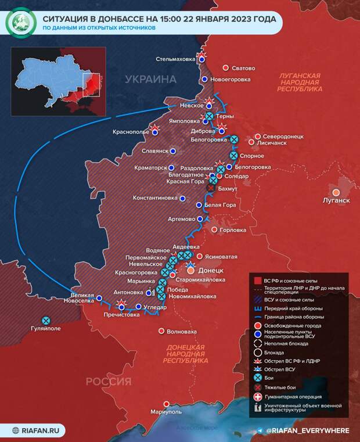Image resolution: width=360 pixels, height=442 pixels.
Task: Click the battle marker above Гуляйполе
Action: click(46, 319)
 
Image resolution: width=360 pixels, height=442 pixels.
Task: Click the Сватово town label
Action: click(246, 67)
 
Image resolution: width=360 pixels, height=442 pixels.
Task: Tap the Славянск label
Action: click(154, 150)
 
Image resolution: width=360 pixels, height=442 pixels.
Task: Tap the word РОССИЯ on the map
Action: click(109, 381)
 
